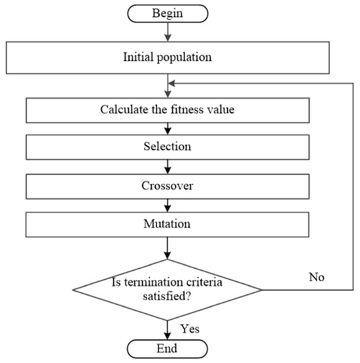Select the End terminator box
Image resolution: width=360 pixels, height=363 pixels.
pos(168,347)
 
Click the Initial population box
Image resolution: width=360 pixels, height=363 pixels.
pos(168,57)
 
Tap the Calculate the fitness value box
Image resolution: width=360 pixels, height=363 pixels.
pos(168,109)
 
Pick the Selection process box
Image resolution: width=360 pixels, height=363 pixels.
pos(168,147)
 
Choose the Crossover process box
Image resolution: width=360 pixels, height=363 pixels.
pos(168,185)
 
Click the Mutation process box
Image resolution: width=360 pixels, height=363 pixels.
pos(168,224)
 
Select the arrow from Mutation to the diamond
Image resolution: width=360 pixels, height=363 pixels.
pos(168,249)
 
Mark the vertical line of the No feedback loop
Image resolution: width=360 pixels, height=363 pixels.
pos(353,186)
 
